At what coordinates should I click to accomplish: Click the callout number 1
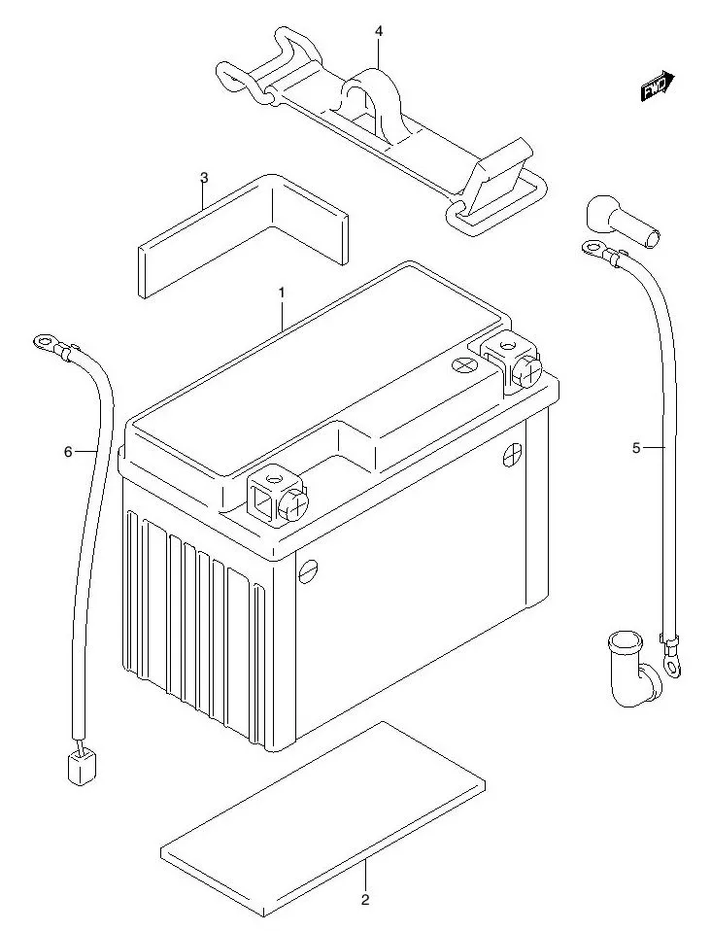click(281, 292)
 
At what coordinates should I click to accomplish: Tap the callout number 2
click(365, 899)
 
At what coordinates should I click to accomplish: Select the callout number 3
click(204, 177)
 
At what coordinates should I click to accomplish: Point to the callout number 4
click(379, 32)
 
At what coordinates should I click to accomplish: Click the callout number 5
click(636, 448)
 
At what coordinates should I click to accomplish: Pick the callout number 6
click(68, 451)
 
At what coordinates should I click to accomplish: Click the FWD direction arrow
click(658, 86)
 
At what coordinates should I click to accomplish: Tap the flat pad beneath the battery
click(321, 816)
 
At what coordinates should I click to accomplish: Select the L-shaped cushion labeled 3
click(243, 233)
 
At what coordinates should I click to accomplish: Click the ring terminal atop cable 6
click(44, 341)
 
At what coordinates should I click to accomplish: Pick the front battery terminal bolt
click(292, 503)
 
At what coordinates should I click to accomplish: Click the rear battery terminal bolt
click(524, 369)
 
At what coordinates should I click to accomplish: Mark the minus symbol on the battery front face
click(308, 569)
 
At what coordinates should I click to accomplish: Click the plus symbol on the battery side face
click(512, 455)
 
